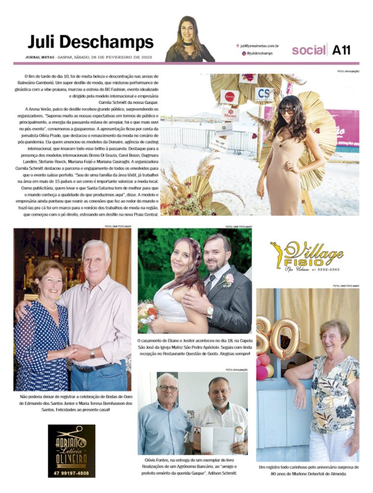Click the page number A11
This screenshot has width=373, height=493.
pyautogui.click(x=341, y=50)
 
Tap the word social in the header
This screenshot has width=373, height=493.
pyautogui.click(x=308, y=50)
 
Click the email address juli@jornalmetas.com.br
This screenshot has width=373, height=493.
pyautogui.click(x=260, y=46)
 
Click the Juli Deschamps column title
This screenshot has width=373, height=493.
pyautogui.click(x=90, y=42)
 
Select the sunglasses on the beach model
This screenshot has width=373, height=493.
pyautogui.click(x=287, y=111)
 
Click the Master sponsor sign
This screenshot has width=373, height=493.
pyautogui.click(x=230, y=114)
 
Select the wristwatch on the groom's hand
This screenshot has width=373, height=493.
pyautogui.click(x=210, y=311)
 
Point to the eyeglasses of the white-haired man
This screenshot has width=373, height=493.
pyautogui.click(x=168, y=388)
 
